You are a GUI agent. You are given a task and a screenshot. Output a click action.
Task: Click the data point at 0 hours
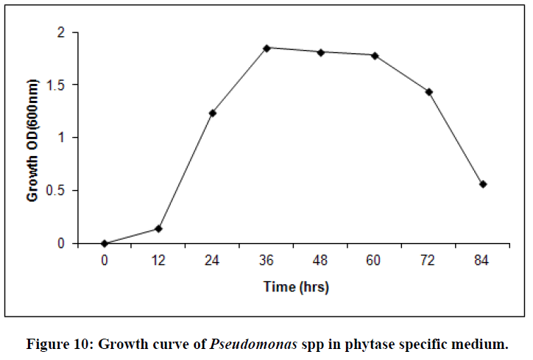[x=105, y=243]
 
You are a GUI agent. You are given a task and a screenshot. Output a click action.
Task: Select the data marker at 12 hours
[x=158, y=228]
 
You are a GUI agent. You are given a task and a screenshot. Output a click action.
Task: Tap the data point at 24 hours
[x=213, y=113]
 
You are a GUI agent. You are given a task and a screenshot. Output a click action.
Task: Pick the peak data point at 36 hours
[x=266, y=48]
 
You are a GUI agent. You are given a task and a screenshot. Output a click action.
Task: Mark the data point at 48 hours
[x=321, y=52]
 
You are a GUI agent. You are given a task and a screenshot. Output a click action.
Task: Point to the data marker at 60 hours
[x=375, y=55]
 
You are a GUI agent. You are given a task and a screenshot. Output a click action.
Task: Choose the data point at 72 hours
[x=429, y=92]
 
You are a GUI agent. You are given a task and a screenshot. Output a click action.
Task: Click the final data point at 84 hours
[x=483, y=184]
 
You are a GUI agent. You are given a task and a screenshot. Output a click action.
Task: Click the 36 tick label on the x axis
[x=266, y=260]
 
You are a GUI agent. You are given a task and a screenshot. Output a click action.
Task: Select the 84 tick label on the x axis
[x=483, y=260]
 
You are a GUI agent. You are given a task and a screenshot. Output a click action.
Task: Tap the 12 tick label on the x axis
[x=158, y=260]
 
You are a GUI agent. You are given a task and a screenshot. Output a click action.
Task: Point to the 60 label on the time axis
[x=375, y=260]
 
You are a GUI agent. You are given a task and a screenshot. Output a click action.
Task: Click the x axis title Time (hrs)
[x=296, y=287]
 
